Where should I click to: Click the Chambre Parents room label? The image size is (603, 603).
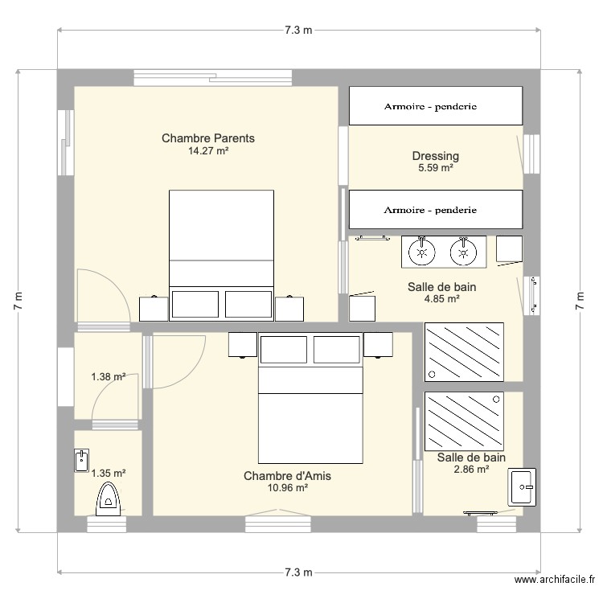tap(208, 138)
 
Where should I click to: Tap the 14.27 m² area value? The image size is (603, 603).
tap(208, 151)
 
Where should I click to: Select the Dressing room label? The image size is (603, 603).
tap(435, 156)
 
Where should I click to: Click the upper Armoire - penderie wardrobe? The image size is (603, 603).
tap(436, 106)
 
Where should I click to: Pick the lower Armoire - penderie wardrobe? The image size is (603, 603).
tap(436, 210)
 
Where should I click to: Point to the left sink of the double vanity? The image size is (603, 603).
tap(422, 252)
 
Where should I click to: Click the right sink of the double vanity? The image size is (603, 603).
tap(463, 252)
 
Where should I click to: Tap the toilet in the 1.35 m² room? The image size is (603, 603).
tap(108, 498)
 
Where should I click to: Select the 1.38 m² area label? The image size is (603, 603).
tap(108, 377)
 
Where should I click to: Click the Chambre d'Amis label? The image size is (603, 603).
tap(287, 476)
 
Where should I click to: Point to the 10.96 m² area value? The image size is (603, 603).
tap(287, 488)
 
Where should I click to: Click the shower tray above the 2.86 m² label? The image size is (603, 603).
tap(464, 421)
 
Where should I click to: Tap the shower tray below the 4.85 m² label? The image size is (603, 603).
tap(464, 352)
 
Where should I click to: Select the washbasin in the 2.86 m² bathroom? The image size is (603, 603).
tap(522, 487)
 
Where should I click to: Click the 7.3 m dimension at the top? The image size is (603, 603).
tap(298, 30)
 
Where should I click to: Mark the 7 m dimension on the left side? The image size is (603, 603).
tap(18, 301)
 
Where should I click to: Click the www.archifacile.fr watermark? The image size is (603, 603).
tap(555, 579)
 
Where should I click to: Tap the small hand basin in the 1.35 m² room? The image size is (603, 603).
tap(81, 461)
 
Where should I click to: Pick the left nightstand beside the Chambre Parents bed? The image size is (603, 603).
tap(154, 309)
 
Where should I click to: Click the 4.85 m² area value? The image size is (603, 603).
tap(442, 299)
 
